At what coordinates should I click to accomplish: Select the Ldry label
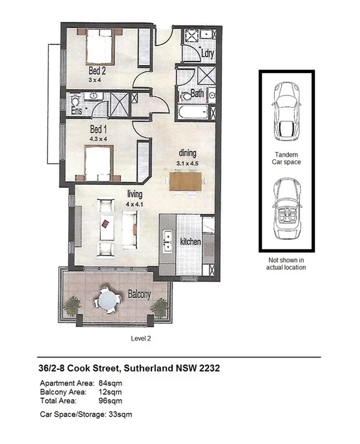pos(208,53)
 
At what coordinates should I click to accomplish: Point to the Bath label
pos(197,94)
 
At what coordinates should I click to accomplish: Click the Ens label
pos(76,112)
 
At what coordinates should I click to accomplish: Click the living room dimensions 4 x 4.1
pos(134,204)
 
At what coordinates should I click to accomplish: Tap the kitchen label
pos(190,242)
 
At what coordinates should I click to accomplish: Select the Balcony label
pos(139,294)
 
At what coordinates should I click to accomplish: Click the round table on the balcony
pos(109,299)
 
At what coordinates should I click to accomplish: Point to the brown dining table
pos(185,181)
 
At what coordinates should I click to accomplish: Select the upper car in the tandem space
pos(285,110)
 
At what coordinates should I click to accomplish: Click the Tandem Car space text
pos(286,159)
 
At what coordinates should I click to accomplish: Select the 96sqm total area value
pos(111,401)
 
